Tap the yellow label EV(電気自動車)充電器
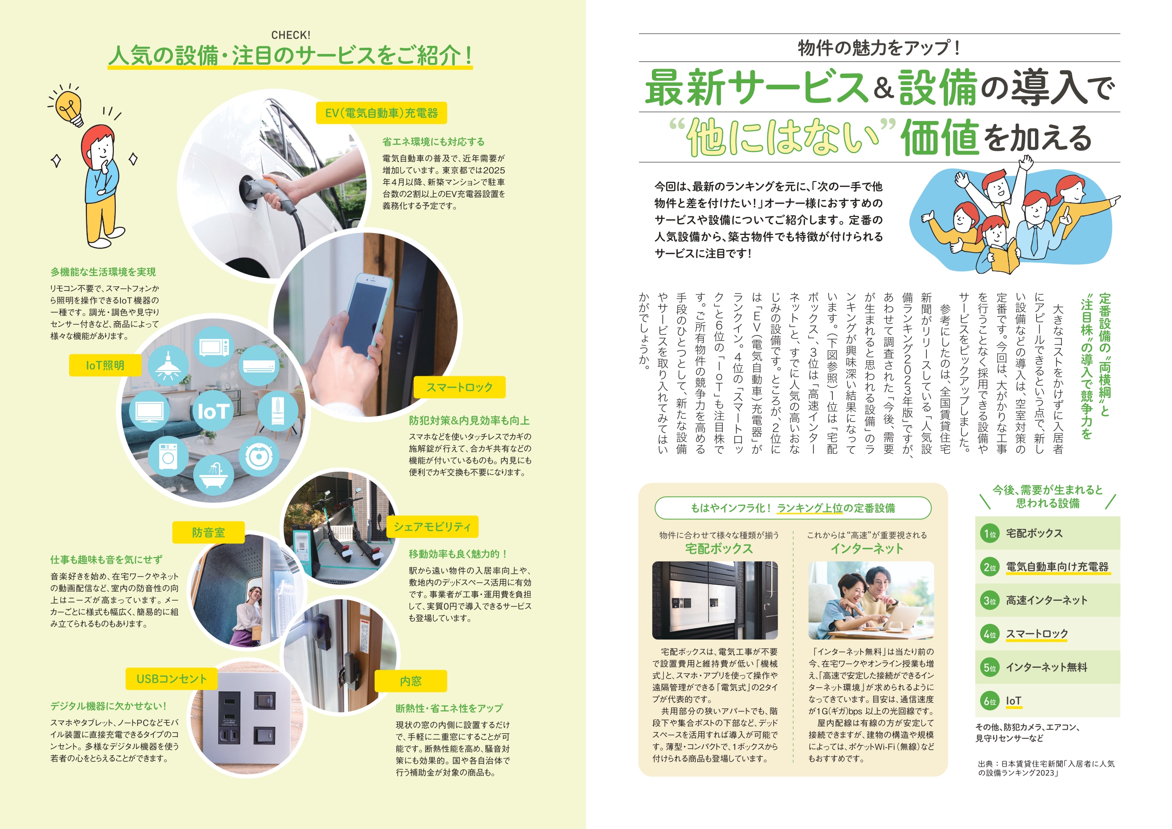pyautogui.click(x=381, y=113)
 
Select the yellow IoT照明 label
pyautogui.click(x=105, y=365)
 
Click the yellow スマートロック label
pyautogui.click(x=459, y=387)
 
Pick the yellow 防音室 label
pyautogui.click(x=208, y=532)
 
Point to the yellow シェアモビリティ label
pyautogui.click(x=432, y=527)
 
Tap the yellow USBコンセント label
pyautogui.click(x=171, y=678)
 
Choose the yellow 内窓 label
pyautogui.click(x=411, y=681)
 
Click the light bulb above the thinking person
pyautogui.click(x=69, y=107)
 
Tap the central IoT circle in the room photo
pyautogui.click(x=213, y=411)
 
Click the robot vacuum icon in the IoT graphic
pyautogui.click(x=259, y=457)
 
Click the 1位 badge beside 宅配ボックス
pyautogui.click(x=990, y=534)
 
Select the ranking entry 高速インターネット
pyautogui.click(x=1046, y=600)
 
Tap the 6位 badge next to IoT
pyautogui.click(x=990, y=701)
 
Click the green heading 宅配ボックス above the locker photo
pyautogui.click(x=719, y=549)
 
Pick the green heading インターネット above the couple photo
pyautogui.click(x=867, y=549)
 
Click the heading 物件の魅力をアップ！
pyautogui.click(x=879, y=48)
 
